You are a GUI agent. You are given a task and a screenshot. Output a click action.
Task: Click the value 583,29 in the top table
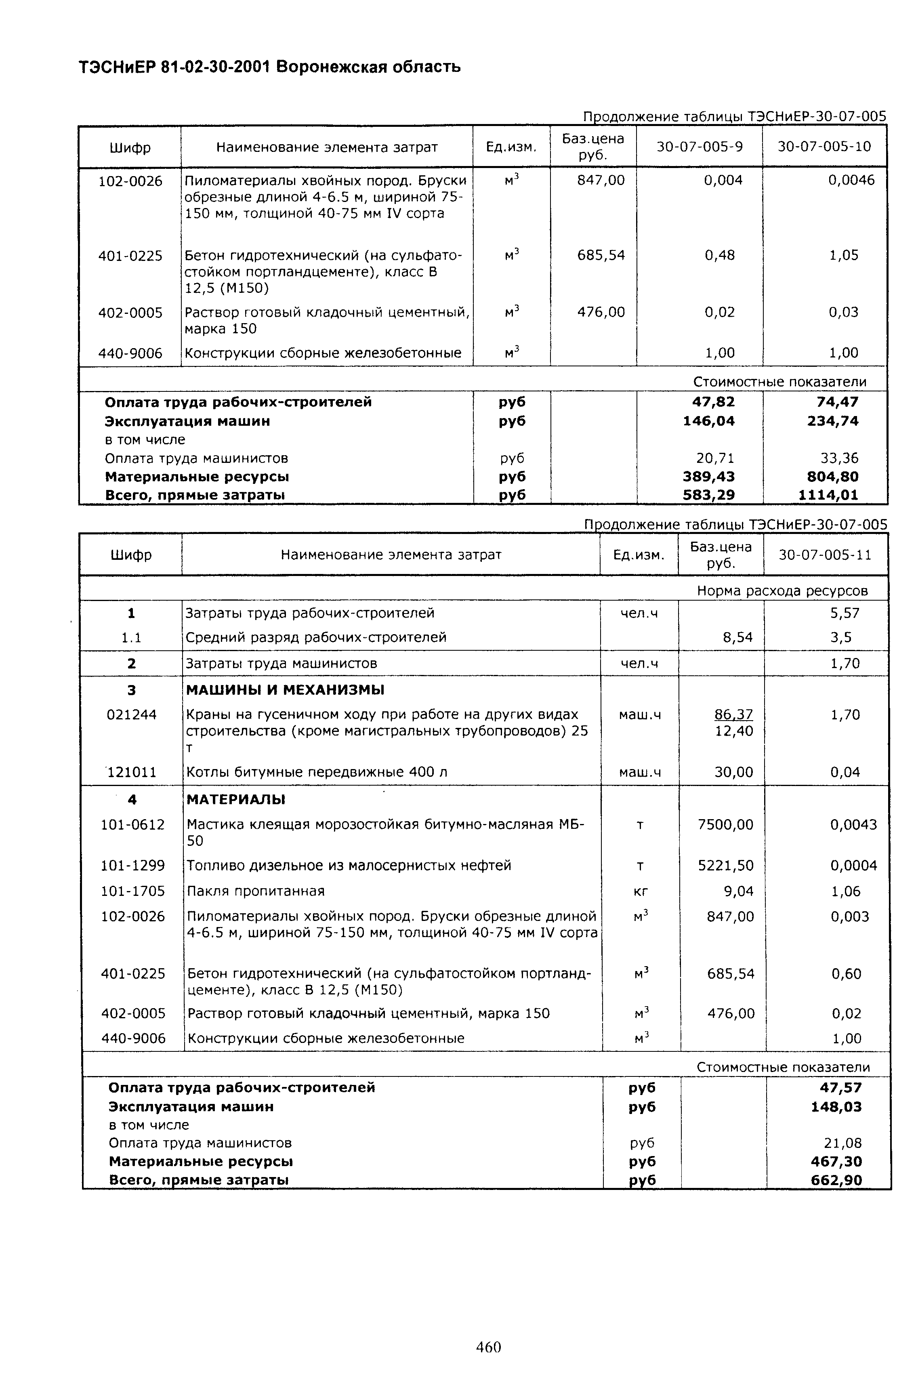(709, 495)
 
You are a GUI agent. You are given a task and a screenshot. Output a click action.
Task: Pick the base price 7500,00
(725, 824)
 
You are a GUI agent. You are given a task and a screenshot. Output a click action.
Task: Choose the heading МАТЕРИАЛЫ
(236, 799)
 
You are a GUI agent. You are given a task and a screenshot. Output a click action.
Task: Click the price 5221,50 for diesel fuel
(725, 865)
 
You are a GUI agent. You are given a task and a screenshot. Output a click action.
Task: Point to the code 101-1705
(132, 891)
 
